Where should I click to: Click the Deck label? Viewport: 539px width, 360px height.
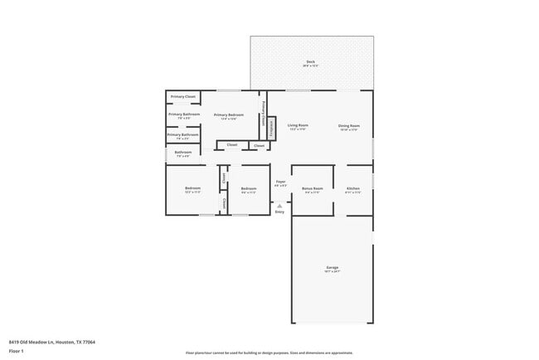[310, 63]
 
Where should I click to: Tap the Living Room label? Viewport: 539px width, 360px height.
[297, 126]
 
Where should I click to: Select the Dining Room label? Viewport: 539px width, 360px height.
[348, 126]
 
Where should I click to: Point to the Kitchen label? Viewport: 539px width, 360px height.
[353, 189]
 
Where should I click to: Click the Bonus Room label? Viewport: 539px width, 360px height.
[313, 189]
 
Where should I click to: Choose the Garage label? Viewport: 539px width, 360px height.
[332, 268]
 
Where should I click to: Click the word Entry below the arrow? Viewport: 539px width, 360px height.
[279, 212]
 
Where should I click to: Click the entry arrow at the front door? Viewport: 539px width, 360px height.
[279, 205]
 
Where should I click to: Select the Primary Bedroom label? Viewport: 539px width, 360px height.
[229, 116]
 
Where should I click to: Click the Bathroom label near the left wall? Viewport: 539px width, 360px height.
[183, 153]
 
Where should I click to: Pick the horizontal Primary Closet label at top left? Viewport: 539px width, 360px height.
[183, 96]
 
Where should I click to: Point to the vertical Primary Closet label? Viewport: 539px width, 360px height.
[264, 113]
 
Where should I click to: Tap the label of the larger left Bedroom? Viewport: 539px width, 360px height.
[192, 189]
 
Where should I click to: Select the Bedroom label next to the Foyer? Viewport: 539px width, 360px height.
[249, 189]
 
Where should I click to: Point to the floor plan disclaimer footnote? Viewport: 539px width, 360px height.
[269, 352]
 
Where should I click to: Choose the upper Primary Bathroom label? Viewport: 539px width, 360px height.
[183, 114]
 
